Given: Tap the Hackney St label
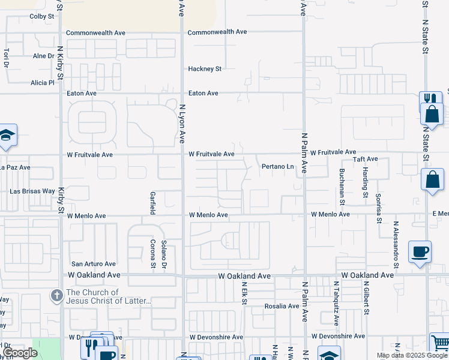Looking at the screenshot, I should (x=205, y=69).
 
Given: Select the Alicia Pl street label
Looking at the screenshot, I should (x=43, y=82).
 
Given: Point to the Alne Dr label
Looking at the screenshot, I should (x=43, y=56).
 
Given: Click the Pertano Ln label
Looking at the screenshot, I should (x=277, y=166).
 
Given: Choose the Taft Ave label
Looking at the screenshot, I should (x=365, y=159).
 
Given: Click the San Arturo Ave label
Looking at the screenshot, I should (x=94, y=263).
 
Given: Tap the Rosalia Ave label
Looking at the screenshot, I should (x=282, y=306).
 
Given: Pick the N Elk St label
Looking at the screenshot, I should (x=244, y=292).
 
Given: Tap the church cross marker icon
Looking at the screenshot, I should (x=56, y=295).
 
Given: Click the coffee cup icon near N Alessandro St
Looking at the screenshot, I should (x=420, y=251).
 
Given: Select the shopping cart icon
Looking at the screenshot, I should (x=440, y=343).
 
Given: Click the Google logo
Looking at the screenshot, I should (x=20, y=353).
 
